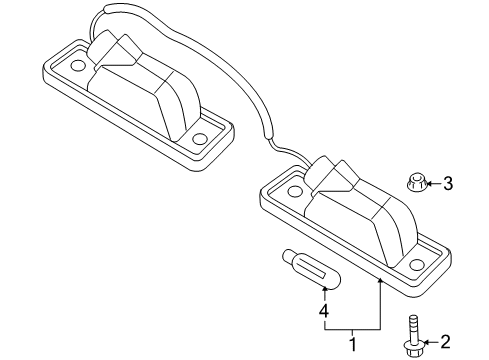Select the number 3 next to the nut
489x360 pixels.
coord(448,183)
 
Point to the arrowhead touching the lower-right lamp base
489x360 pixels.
coord(380,282)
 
